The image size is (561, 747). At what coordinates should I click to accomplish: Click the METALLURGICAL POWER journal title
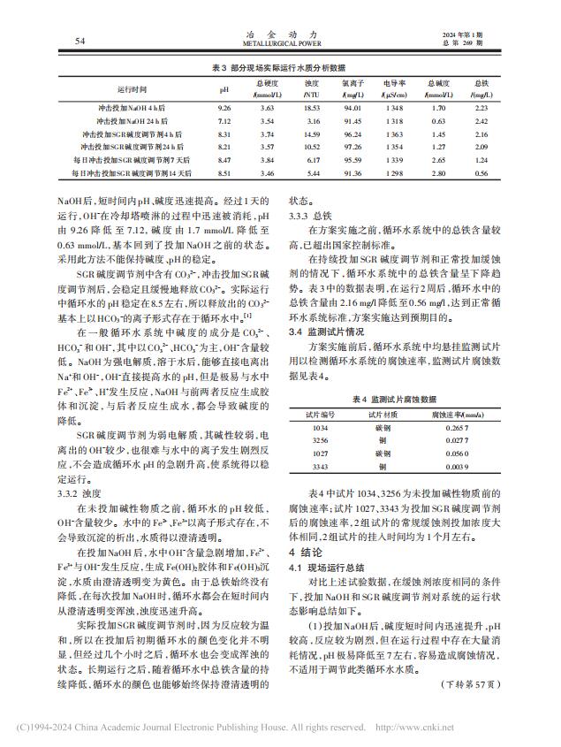click(x=280, y=42)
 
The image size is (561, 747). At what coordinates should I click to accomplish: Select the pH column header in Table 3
click(x=224, y=90)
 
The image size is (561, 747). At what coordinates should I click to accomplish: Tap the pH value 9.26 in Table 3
click(x=224, y=107)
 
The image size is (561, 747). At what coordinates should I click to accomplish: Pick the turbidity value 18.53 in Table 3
click(x=311, y=107)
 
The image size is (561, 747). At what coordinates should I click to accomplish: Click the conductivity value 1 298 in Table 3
click(x=395, y=175)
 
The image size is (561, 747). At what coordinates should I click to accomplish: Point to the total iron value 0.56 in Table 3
click(x=481, y=175)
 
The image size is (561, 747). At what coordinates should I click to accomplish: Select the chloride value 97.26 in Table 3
click(x=353, y=147)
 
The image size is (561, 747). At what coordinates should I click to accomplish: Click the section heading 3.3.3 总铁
click(x=309, y=215)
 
